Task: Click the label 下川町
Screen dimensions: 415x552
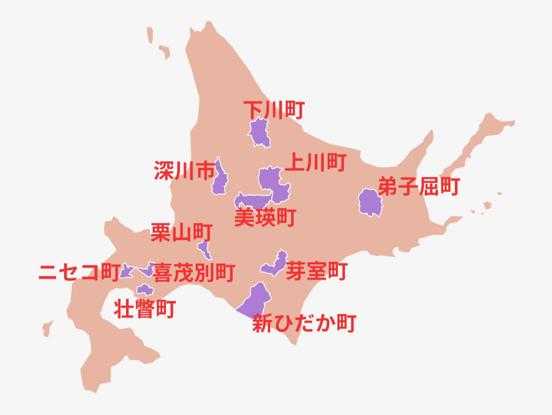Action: click(273, 110)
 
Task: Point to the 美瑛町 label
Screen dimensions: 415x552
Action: click(265, 217)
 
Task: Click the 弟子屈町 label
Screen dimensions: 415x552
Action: click(419, 187)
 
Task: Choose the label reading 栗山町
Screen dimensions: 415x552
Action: click(181, 233)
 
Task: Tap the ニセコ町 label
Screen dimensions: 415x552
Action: click(79, 272)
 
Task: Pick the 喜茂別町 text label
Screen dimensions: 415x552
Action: click(194, 272)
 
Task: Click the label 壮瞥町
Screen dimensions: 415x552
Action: click(145, 309)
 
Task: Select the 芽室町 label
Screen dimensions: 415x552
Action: click(316, 271)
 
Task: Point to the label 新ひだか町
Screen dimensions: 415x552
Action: click(304, 323)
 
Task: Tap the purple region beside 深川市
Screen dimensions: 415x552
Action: click(221, 178)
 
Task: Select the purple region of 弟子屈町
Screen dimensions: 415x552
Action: click(370, 202)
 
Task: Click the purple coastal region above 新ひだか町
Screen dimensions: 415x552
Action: click(256, 300)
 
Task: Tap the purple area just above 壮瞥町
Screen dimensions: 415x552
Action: click(145, 290)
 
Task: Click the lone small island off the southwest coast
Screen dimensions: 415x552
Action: click(48, 328)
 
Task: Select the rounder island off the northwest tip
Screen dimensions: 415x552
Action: click(165, 51)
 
